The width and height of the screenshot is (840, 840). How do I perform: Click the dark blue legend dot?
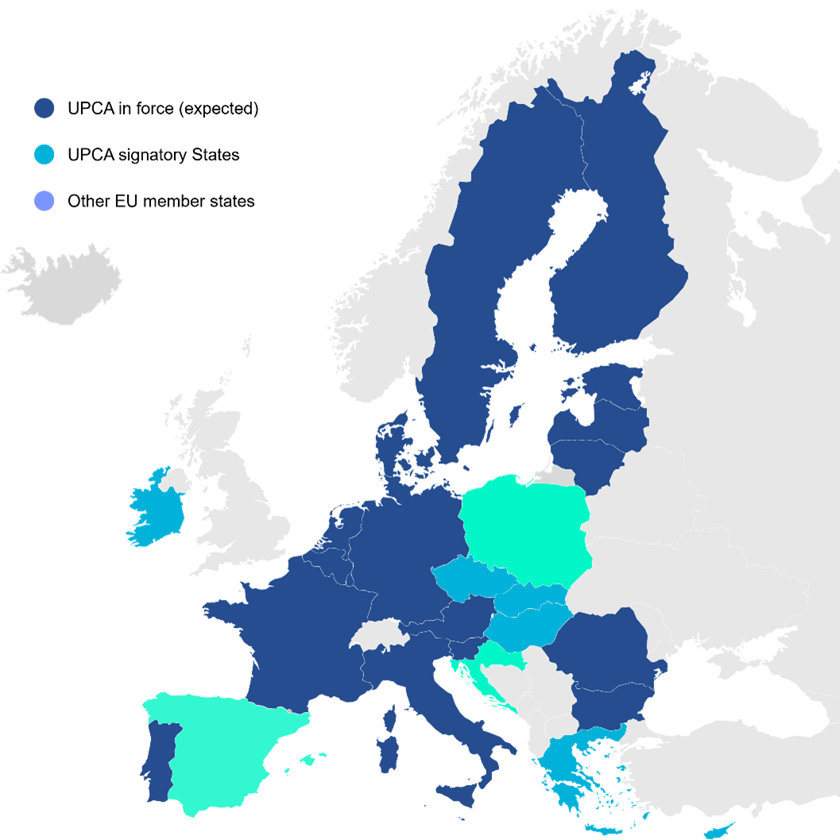pos(45,108)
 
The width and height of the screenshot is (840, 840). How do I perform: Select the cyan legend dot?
pos(45,154)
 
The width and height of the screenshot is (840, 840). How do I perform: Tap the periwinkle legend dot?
pos(45,201)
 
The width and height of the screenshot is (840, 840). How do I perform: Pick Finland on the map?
pos(620,262)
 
